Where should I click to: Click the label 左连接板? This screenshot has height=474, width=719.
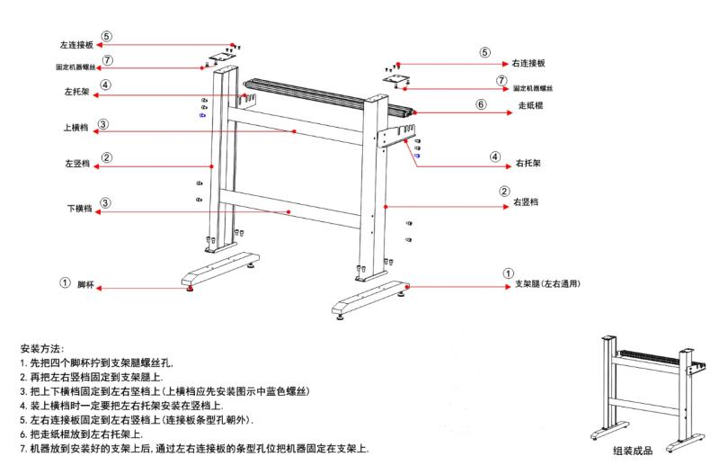pyautogui.click(x=77, y=43)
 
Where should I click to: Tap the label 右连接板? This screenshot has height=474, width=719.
pyautogui.click(x=528, y=64)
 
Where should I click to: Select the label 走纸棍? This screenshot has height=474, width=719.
pyautogui.click(x=530, y=105)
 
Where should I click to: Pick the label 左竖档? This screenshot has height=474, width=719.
pyautogui.click(x=76, y=164)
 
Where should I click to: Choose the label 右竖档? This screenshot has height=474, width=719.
pyautogui.click(x=526, y=203)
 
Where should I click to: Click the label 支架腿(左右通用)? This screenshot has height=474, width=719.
pyautogui.click(x=546, y=284)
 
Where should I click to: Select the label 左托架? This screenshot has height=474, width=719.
pyautogui.click(x=75, y=92)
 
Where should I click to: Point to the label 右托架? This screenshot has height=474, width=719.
pyautogui.click(x=528, y=165)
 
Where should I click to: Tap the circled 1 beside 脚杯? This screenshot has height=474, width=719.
pyautogui.click(x=65, y=282)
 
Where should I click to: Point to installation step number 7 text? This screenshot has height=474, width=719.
pyautogui.click(x=193, y=448)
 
